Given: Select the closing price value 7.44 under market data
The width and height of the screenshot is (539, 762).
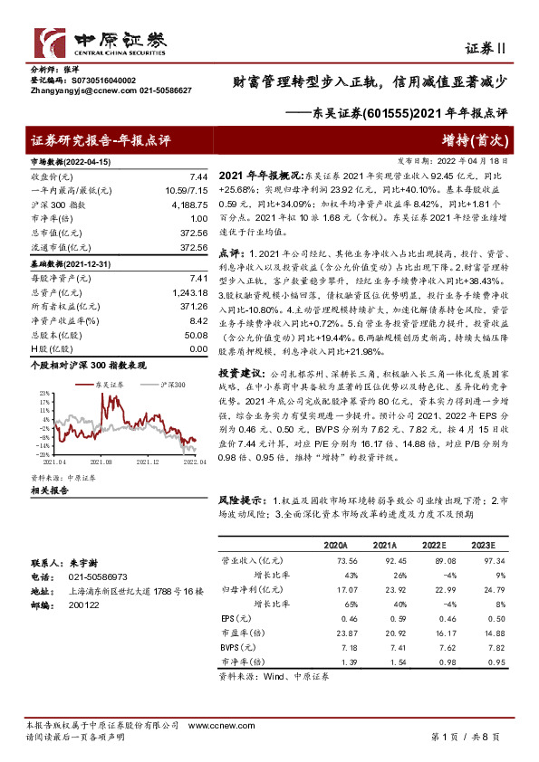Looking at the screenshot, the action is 199,176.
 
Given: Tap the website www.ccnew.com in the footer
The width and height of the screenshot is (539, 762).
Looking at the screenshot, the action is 213,726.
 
